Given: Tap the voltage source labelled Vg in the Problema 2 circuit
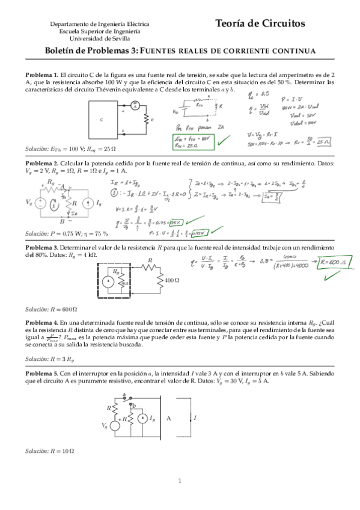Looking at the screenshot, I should [40, 203].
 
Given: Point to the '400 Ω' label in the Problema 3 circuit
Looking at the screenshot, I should [172, 280].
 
